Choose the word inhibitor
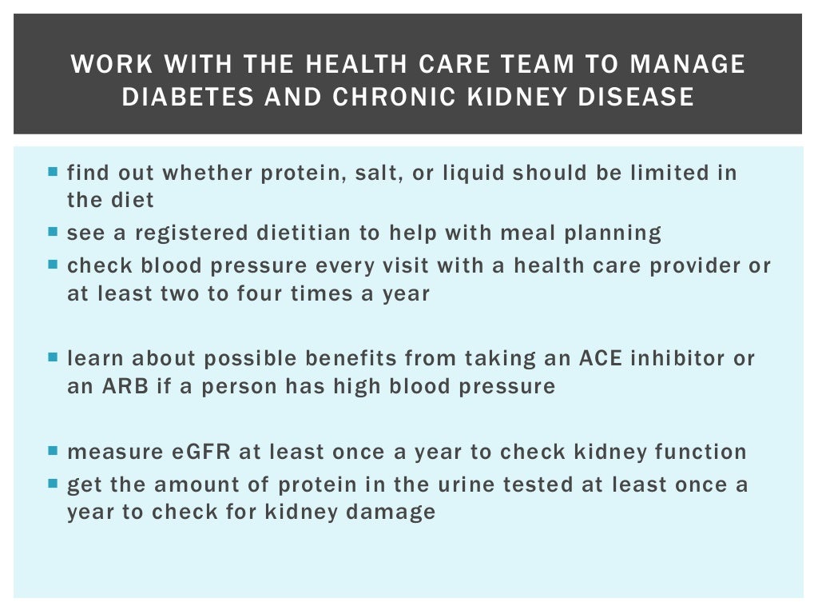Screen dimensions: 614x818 click(x=676, y=357)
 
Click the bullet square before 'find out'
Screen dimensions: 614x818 click(x=53, y=171)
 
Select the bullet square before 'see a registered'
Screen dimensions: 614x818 click(x=53, y=233)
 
